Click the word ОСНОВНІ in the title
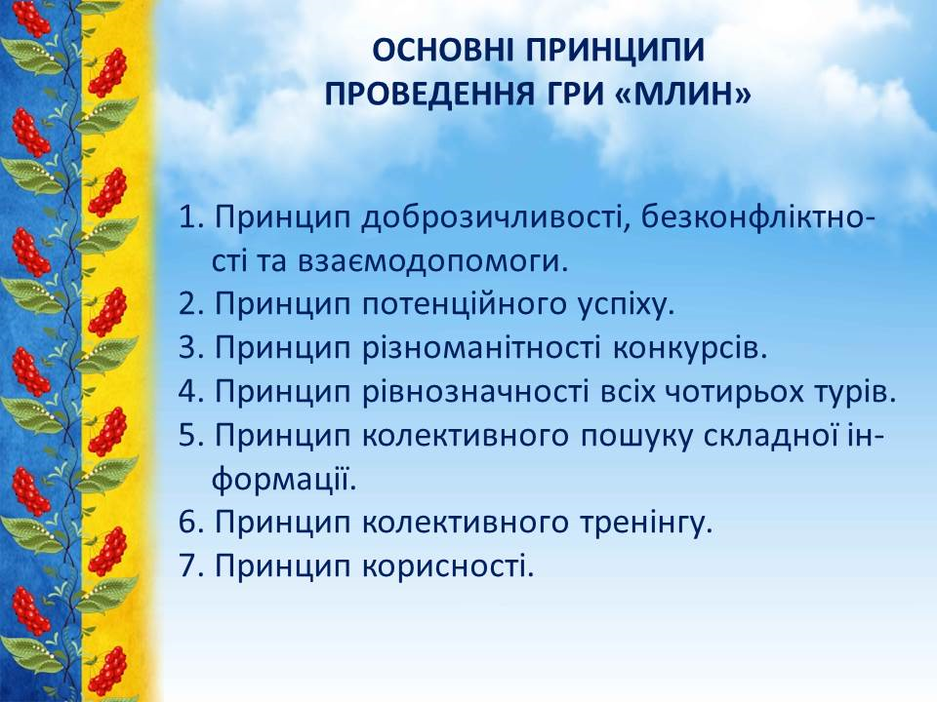[x=441, y=50]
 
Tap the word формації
[x=284, y=480]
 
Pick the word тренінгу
[x=646, y=524]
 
